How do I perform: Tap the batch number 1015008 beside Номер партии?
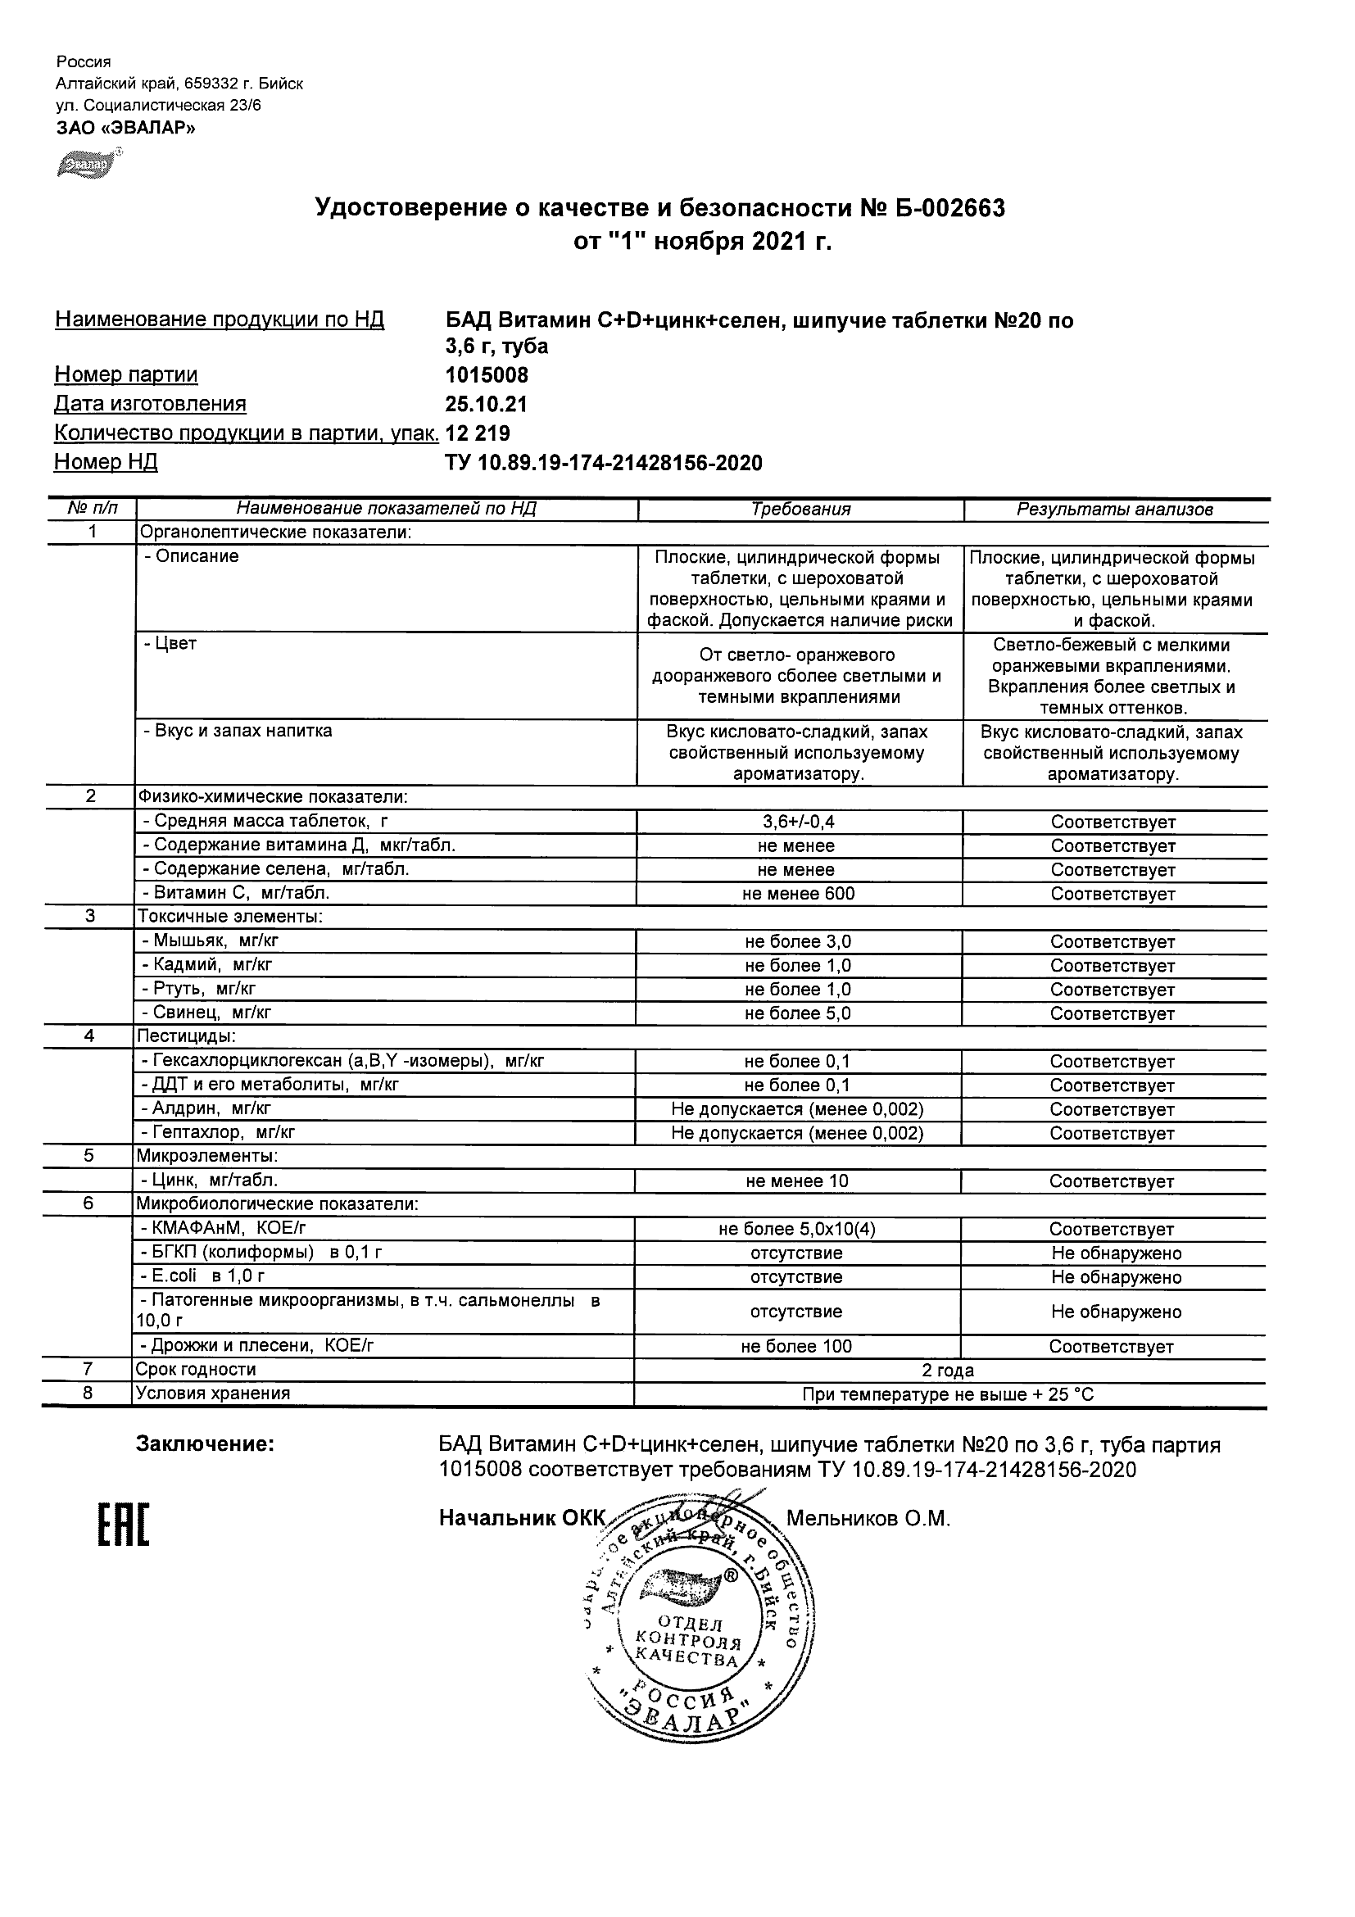click(487, 375)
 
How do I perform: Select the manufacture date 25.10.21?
click(486, 404)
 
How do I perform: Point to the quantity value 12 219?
click(478, 433)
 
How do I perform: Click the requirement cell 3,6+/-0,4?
click(798, 822)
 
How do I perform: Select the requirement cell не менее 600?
click(798, 894)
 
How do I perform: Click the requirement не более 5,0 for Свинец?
click(798, 1013)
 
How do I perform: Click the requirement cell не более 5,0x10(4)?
click(796, 1229)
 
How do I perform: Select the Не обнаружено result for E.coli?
click(1117, 1277)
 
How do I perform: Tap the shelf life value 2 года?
click(948, 1370)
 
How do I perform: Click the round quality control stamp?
click(699, 1624)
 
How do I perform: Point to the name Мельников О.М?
click(868, 1519)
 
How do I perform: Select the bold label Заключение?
click(206, 1444)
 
